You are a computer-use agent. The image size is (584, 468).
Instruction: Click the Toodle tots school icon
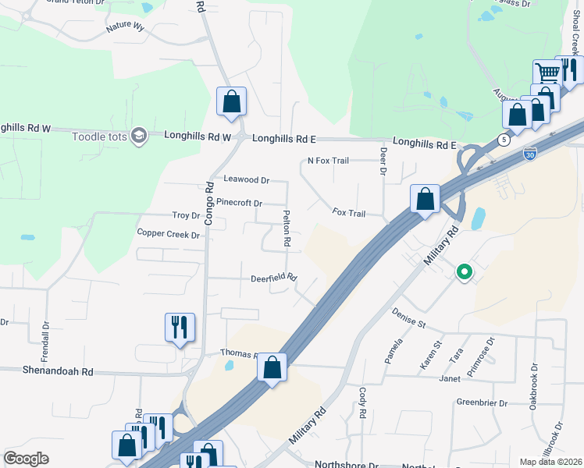[140, 136]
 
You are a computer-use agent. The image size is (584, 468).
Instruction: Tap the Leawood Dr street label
[246, 179]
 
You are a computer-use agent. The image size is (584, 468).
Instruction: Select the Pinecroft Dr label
[239, 203]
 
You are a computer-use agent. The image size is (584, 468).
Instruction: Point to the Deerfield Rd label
[274, 278]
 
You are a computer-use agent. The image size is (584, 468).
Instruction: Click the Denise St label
[409, 318]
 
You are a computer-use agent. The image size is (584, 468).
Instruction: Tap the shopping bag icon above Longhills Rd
[231, 101]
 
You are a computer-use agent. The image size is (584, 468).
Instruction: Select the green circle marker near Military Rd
[465, 272]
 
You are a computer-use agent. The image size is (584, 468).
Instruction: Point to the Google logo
[27, 458]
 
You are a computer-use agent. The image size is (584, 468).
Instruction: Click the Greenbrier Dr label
[482, 403]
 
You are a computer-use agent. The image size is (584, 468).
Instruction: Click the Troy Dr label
[186, 215]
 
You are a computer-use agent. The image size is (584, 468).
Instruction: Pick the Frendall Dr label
[45, 336]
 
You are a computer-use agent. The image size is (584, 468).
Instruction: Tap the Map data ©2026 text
[550, 462]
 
